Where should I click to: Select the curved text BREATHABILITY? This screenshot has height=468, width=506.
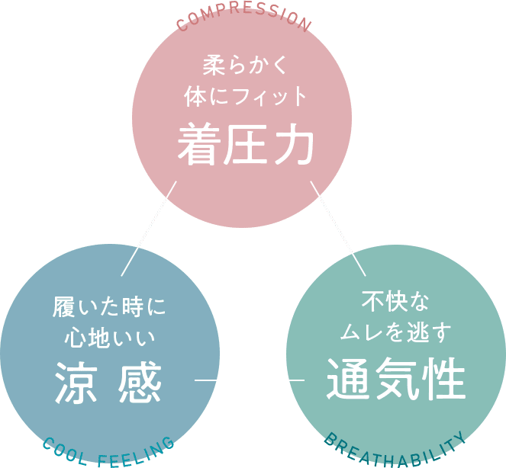tap(395, 449)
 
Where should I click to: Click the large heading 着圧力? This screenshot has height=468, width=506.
tap(245, 146)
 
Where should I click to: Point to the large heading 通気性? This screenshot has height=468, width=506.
tap(395, 380)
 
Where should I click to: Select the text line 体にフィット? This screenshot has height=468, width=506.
tap(245, 97)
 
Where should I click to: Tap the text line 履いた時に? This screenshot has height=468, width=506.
tap(109, 308)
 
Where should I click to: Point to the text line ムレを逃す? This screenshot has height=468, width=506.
tap(395, 332)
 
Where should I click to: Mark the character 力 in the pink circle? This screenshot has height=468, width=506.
tap(293, 146)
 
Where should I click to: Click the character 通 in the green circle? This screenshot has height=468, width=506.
tap(347, 380)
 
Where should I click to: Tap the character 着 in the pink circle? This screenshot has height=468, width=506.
tap(197, 146)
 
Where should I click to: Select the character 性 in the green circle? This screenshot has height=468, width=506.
tap(443, 380)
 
